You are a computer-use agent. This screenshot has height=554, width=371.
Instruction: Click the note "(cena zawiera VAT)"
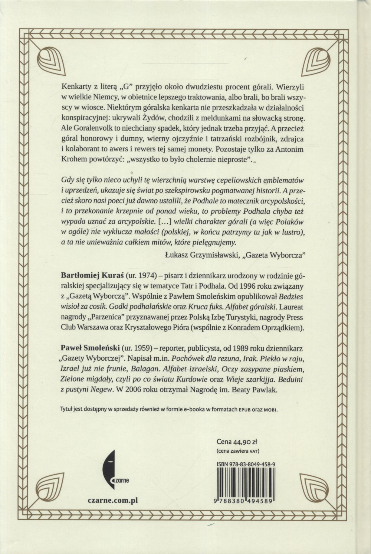(237, 451)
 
